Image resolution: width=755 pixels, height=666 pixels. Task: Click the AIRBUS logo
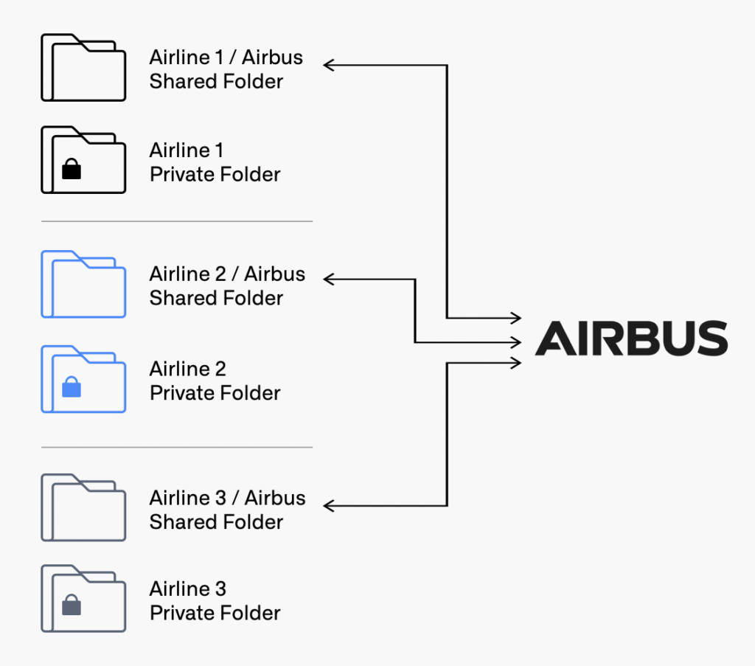pos(631,338)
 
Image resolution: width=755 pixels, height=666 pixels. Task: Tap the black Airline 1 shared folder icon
pos(83,67)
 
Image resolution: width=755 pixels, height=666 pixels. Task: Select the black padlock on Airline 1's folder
pos(72,169)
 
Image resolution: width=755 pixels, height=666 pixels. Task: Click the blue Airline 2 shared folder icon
pos(83,284)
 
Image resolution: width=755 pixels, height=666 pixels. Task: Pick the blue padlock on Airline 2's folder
pos(72,387)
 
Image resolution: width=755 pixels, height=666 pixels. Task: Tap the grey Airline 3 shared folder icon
pos(83,507)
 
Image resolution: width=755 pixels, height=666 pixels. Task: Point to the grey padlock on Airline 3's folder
pos(72,605)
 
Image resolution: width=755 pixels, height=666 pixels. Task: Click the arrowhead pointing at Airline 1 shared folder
pos(329,65)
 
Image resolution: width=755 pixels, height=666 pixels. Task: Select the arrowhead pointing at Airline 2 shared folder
pos(329,279)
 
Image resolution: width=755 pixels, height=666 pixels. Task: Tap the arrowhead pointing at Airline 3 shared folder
pos(329,506)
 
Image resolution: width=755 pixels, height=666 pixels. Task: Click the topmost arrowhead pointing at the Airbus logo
pos(515,318)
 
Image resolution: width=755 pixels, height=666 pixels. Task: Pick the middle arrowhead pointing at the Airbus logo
pos(515,342)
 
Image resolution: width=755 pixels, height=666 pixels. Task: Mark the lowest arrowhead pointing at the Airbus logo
pos(515,363)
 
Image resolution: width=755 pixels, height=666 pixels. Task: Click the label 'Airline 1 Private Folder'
pos(215,162)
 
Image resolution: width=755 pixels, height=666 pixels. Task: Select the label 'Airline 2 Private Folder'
pos(215,381)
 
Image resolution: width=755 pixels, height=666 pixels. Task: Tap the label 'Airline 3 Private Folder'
pos(215,600)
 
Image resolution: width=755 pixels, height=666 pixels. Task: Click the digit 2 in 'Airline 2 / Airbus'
pos(220,274)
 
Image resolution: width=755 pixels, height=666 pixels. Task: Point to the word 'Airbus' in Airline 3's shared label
pos(275,498)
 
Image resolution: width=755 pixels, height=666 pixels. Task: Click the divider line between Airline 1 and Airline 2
pos(177,221)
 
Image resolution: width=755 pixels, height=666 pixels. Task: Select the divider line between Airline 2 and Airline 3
pos(177,448)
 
